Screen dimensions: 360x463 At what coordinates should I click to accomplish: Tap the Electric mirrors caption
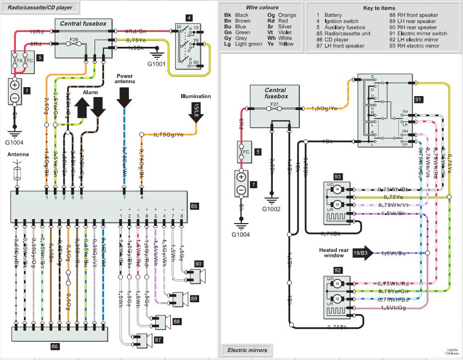click(x=247, y=350)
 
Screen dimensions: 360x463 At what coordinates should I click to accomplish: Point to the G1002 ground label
click(x=272, y=209)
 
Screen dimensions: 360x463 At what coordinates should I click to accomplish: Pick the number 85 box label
click(x=194, y=205)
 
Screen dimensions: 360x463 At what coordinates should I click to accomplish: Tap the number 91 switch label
click(x=419, y=100)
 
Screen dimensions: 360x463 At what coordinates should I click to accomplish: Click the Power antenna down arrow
click(x=124, y=98)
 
